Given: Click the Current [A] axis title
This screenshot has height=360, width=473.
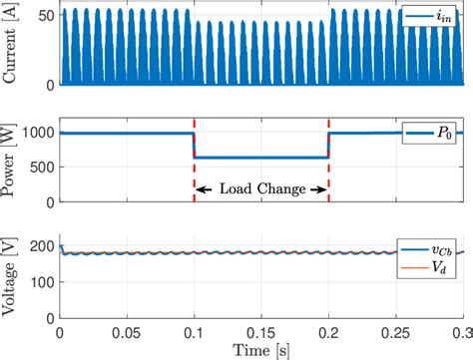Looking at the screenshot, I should [x=11, y=48].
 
